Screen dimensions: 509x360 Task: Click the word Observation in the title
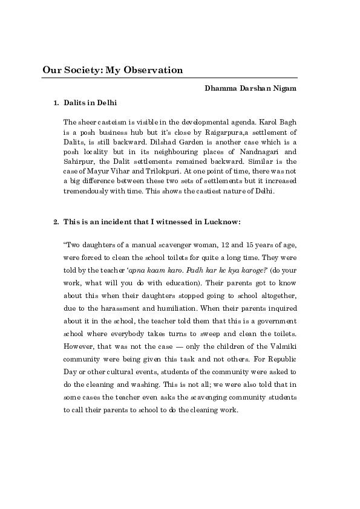click(152, 70)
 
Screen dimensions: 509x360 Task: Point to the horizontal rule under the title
click(169, 78)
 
